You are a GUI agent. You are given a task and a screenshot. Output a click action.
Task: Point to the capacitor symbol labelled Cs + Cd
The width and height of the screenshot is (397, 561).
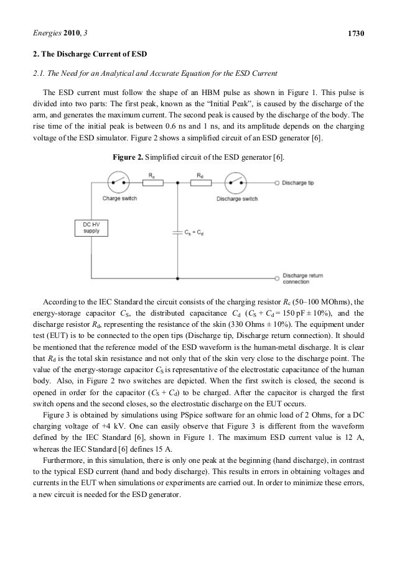click(x=178, y=230)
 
